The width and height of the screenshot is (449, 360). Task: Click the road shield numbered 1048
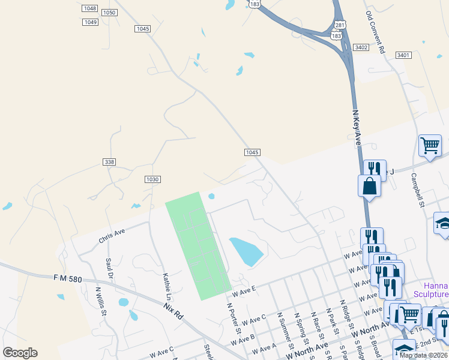90,8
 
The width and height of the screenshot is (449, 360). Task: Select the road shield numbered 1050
109,13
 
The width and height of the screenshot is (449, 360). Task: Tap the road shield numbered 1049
90,22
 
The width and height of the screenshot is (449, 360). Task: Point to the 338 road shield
109,162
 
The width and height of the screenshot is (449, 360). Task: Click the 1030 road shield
152,179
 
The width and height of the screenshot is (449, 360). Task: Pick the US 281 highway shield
340,25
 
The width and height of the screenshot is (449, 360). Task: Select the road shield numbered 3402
361,47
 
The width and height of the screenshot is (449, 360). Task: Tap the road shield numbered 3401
403,55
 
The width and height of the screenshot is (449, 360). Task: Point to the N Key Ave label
356,127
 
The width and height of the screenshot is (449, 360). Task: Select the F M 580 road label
66,278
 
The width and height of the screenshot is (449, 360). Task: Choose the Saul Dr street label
109,269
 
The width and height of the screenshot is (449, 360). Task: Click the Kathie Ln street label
166,286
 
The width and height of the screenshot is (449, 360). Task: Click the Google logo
20,353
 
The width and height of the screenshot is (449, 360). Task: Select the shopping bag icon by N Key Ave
369,186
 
